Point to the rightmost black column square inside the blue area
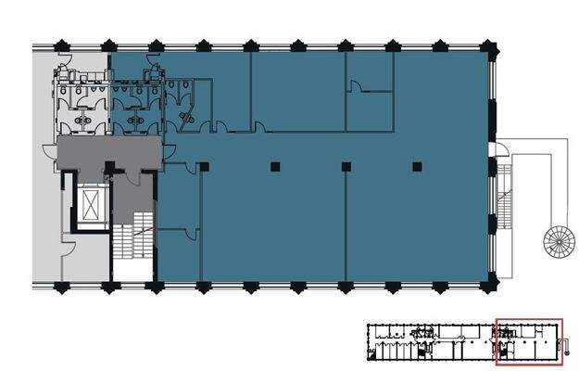point(417,167)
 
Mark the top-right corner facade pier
point(491,45)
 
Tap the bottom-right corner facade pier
point(491,284)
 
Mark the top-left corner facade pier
point(57,45)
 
